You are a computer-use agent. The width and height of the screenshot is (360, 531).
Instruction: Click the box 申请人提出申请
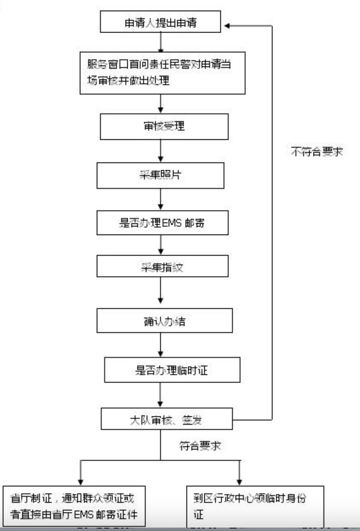point(160,21)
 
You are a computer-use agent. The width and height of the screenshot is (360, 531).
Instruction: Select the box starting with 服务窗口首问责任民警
point(162,73)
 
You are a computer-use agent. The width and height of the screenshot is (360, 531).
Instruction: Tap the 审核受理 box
point(164,127)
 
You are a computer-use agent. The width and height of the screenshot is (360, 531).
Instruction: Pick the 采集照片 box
point(160,176)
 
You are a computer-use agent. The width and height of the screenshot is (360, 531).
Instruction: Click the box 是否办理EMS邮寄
point(162,223)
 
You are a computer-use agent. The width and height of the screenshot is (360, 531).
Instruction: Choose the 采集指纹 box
point(162,266)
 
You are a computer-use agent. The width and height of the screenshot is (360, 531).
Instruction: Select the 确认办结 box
point(165,320)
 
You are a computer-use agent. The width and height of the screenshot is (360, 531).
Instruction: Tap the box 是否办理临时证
point(172,370)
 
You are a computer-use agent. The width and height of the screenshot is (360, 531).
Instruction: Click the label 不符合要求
point(317,151)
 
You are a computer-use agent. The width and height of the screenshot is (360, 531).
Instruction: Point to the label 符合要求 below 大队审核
point(200,446)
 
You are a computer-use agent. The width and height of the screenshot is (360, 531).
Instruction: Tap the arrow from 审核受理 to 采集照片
point(161,151)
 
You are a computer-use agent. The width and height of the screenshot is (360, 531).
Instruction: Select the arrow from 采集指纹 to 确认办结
point(161,290)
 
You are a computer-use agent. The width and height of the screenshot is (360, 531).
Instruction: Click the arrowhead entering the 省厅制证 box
point(81,482)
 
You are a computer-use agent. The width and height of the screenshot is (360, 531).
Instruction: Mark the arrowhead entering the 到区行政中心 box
point(239,482)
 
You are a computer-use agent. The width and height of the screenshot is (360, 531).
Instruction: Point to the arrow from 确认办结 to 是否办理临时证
point(161,345)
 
